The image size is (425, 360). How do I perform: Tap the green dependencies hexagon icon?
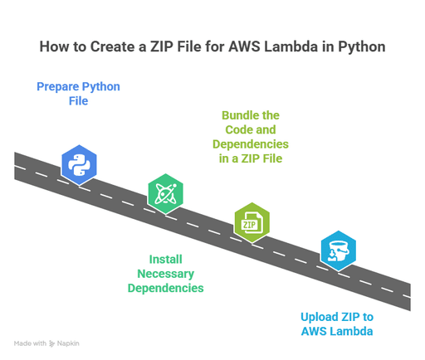point(164,193)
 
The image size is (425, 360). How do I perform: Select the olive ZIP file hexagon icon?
point(252,221)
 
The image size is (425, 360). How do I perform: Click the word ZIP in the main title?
point(163,46)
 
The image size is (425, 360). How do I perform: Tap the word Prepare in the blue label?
point(61,86)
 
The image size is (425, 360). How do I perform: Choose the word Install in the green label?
point(165,259)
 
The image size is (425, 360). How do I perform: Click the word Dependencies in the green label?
point(165,289)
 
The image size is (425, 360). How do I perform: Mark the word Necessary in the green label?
point(165,274)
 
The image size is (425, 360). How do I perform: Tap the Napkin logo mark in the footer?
point(52,343)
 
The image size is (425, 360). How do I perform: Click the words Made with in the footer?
point(30,343)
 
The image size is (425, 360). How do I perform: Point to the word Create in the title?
point(113,46)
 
